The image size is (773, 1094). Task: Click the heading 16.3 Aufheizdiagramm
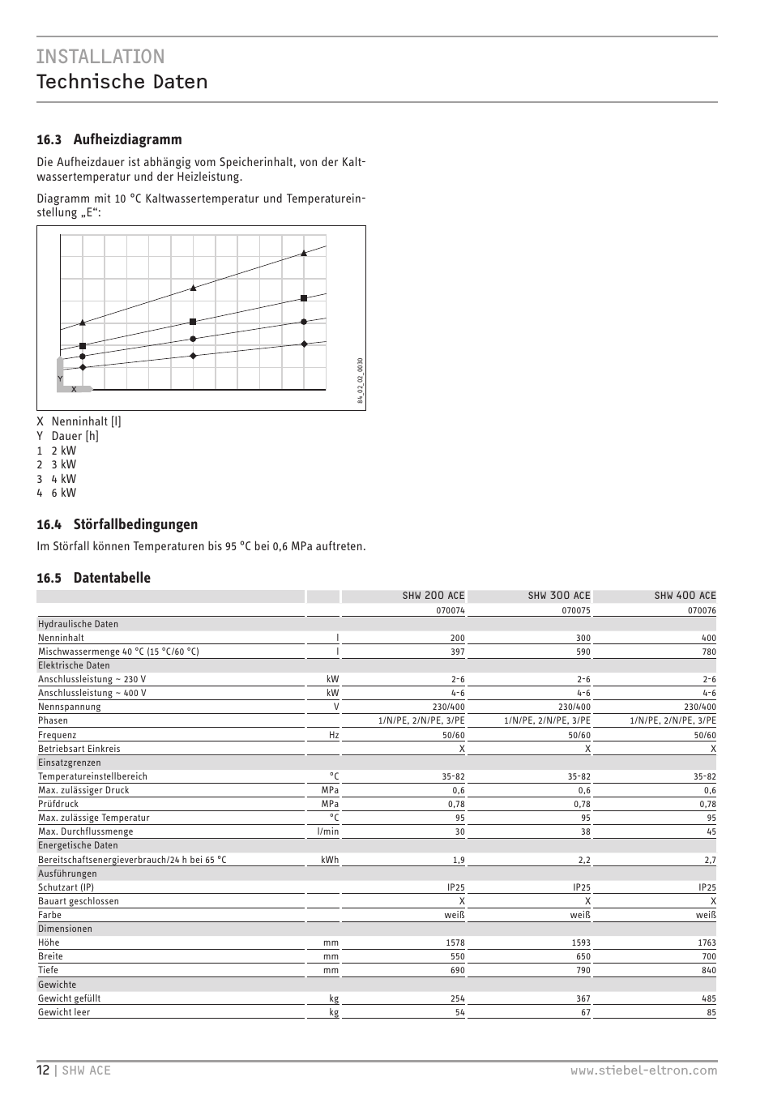(109, 139)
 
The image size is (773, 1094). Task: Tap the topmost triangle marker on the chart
(304, 254)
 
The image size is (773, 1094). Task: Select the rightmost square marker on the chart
(304, 298)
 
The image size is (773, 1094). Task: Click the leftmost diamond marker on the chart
(83, 367)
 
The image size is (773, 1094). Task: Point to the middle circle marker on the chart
(193, 339)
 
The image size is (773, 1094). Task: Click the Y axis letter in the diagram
(60, 378)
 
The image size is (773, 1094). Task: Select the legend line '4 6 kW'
(57, 493)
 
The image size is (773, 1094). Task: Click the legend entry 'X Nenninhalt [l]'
(79, 421)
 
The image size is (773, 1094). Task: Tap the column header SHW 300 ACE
(559, 596)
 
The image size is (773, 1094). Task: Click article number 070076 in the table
(702, 610)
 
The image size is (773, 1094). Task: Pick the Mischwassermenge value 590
(583, 652)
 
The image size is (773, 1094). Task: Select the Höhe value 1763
(707, 942)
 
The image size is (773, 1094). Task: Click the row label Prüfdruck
(58, 804)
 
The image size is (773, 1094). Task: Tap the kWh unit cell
(330, 860)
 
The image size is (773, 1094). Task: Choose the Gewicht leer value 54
(459, 1012)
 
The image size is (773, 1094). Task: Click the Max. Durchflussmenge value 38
(585, 831)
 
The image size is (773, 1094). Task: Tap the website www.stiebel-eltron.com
(643, 1070)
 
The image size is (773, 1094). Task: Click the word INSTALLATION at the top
(100, 56)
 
